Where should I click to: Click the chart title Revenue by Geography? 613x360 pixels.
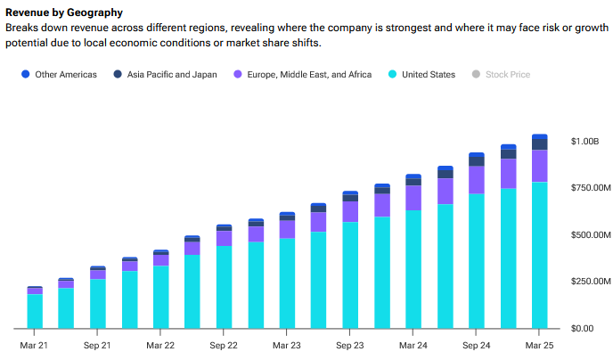pyautogui.click(x=64, y=12)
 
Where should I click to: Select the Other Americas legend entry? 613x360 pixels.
pyautogui.click(x=59, y=74)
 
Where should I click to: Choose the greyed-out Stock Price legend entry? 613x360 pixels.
pyautogui.click(x=501, y=74)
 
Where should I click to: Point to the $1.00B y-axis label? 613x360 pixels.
pyautogui.click(x=585, y=142)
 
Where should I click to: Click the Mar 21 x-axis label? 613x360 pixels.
pyautogui.click(x=35, y=345)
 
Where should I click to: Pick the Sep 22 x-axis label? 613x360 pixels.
pyautogui.click(x=224, y=345)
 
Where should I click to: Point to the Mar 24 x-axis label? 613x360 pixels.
pyautogui.click(x=413, y=345)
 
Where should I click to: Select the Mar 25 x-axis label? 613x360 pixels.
pyautogui.click(x=539, y=345)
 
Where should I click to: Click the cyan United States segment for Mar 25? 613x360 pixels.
pyautogui.click(x=539, y=255)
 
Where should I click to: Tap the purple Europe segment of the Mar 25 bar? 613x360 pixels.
pyautogui.click(x=539, y=166)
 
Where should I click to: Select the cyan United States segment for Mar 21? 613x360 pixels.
pyautogui.click(x=35, y=311)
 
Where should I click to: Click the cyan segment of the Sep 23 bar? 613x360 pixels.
pyautogui.click(x=350, y=274)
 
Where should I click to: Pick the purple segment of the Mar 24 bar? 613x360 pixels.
pyautogui.click(x=413, y=198)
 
